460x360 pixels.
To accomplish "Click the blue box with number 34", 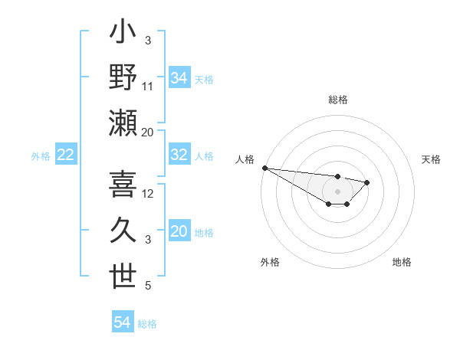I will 179,78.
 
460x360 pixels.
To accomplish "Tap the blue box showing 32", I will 179,155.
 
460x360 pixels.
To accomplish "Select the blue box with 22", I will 66,155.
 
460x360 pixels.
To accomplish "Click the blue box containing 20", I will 179,232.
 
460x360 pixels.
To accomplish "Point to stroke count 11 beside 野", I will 148,87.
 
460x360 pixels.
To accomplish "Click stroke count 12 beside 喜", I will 148,193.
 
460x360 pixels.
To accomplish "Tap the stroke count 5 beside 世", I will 148,286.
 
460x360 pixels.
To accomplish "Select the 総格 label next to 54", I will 147,324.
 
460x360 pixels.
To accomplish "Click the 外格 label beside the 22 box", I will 41,156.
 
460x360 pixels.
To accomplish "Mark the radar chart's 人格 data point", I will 264,168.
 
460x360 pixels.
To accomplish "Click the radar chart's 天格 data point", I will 367,182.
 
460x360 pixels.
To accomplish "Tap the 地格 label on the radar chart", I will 402,263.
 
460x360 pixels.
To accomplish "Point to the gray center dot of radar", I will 337,191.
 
